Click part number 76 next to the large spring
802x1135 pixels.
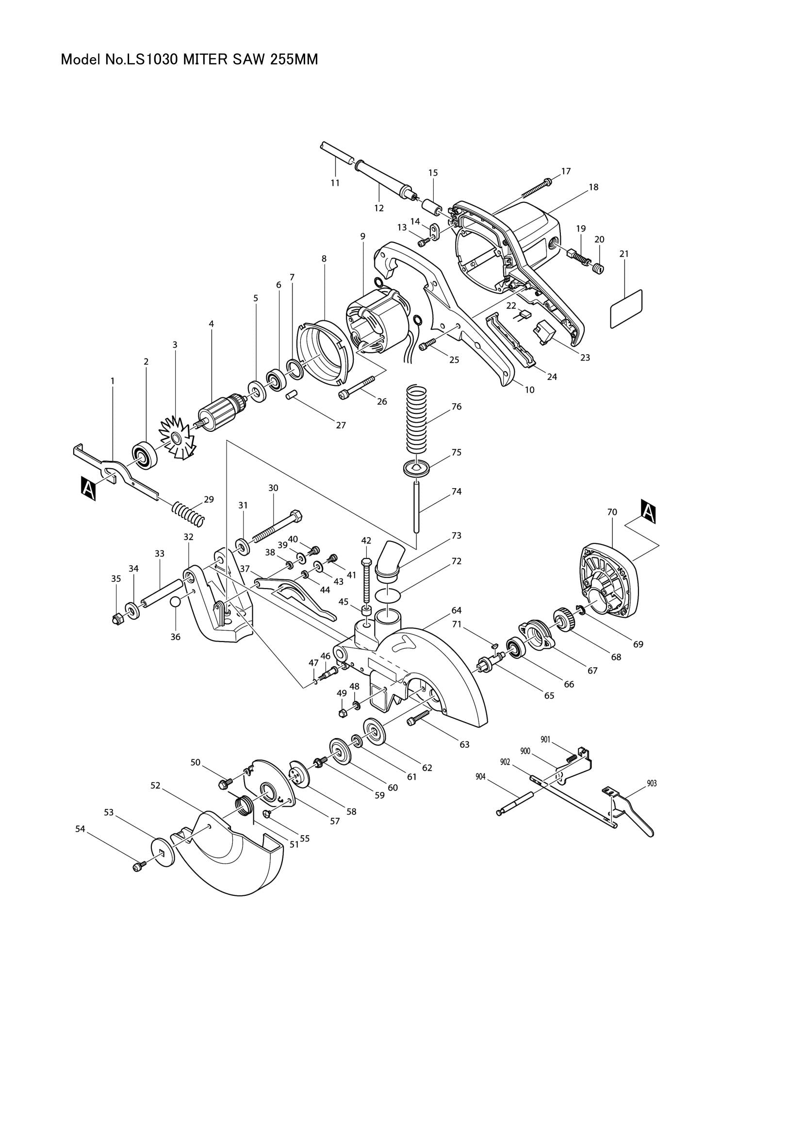point(456,406)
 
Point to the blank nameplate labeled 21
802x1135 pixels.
point(626,309)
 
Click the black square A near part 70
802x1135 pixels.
point(649,511)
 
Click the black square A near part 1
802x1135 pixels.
point(88,489)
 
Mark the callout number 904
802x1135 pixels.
point(480,776)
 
